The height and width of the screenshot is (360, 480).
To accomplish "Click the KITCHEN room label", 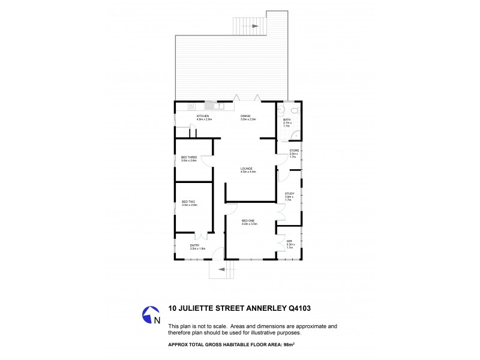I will [x=202, y=116].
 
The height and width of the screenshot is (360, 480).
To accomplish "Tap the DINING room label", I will [x=245, y=116].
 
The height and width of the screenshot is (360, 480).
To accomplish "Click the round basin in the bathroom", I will [x=281, y=109].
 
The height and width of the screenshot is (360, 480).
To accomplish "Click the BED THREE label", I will [x=189, y=157].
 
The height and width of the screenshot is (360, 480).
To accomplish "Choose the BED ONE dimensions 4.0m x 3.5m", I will [x=249, y=224].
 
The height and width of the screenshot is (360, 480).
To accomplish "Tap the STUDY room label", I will [x=289, y=193].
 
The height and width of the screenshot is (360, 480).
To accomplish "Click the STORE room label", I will [x=294, y=150].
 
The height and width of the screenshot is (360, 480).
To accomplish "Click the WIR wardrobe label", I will [x=289, y=241].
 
